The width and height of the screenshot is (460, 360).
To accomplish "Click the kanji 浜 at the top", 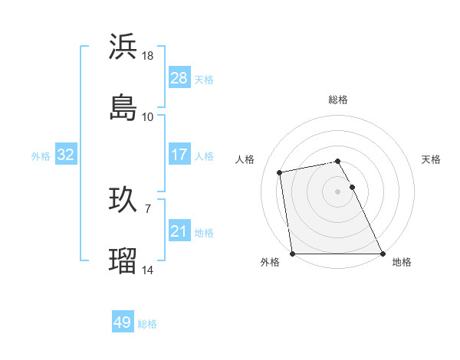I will click(x=123, y=47).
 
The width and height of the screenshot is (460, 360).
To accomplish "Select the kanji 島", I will click(x=123, y=108).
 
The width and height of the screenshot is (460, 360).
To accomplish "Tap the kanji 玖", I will click(x=123, y=199).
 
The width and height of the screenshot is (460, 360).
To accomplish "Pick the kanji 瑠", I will click(x=123, y=260).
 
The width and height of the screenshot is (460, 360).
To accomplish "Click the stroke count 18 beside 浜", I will click(x=148, y=56).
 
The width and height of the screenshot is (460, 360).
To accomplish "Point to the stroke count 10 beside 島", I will click(x=148, y=117).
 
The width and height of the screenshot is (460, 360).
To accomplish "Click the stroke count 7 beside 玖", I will click(x=148, y=208).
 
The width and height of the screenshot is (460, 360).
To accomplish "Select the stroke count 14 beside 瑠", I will click(x=148, y=270).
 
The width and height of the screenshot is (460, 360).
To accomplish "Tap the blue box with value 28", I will click(x=179, y=78).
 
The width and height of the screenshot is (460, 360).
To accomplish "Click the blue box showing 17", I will click(x=179, y=155).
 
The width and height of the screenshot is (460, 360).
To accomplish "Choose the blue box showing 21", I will click(x=179, y=231).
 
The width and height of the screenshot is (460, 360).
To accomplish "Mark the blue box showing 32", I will click(x=66, y=155).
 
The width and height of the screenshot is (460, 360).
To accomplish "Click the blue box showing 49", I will click(x=123, y=322).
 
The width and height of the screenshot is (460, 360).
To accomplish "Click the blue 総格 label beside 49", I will click(x=148, y=324).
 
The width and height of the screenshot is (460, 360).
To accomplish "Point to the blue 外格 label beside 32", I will click(x=41, y=156).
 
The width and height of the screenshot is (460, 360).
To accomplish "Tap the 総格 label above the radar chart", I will click(x=338, y=100).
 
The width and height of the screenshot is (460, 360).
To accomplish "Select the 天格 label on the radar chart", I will click(x=431, y=159).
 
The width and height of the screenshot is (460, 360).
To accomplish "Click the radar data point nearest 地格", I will click(x=383, y=253).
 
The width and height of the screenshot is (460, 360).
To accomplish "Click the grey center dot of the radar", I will click(x=338, y=191).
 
